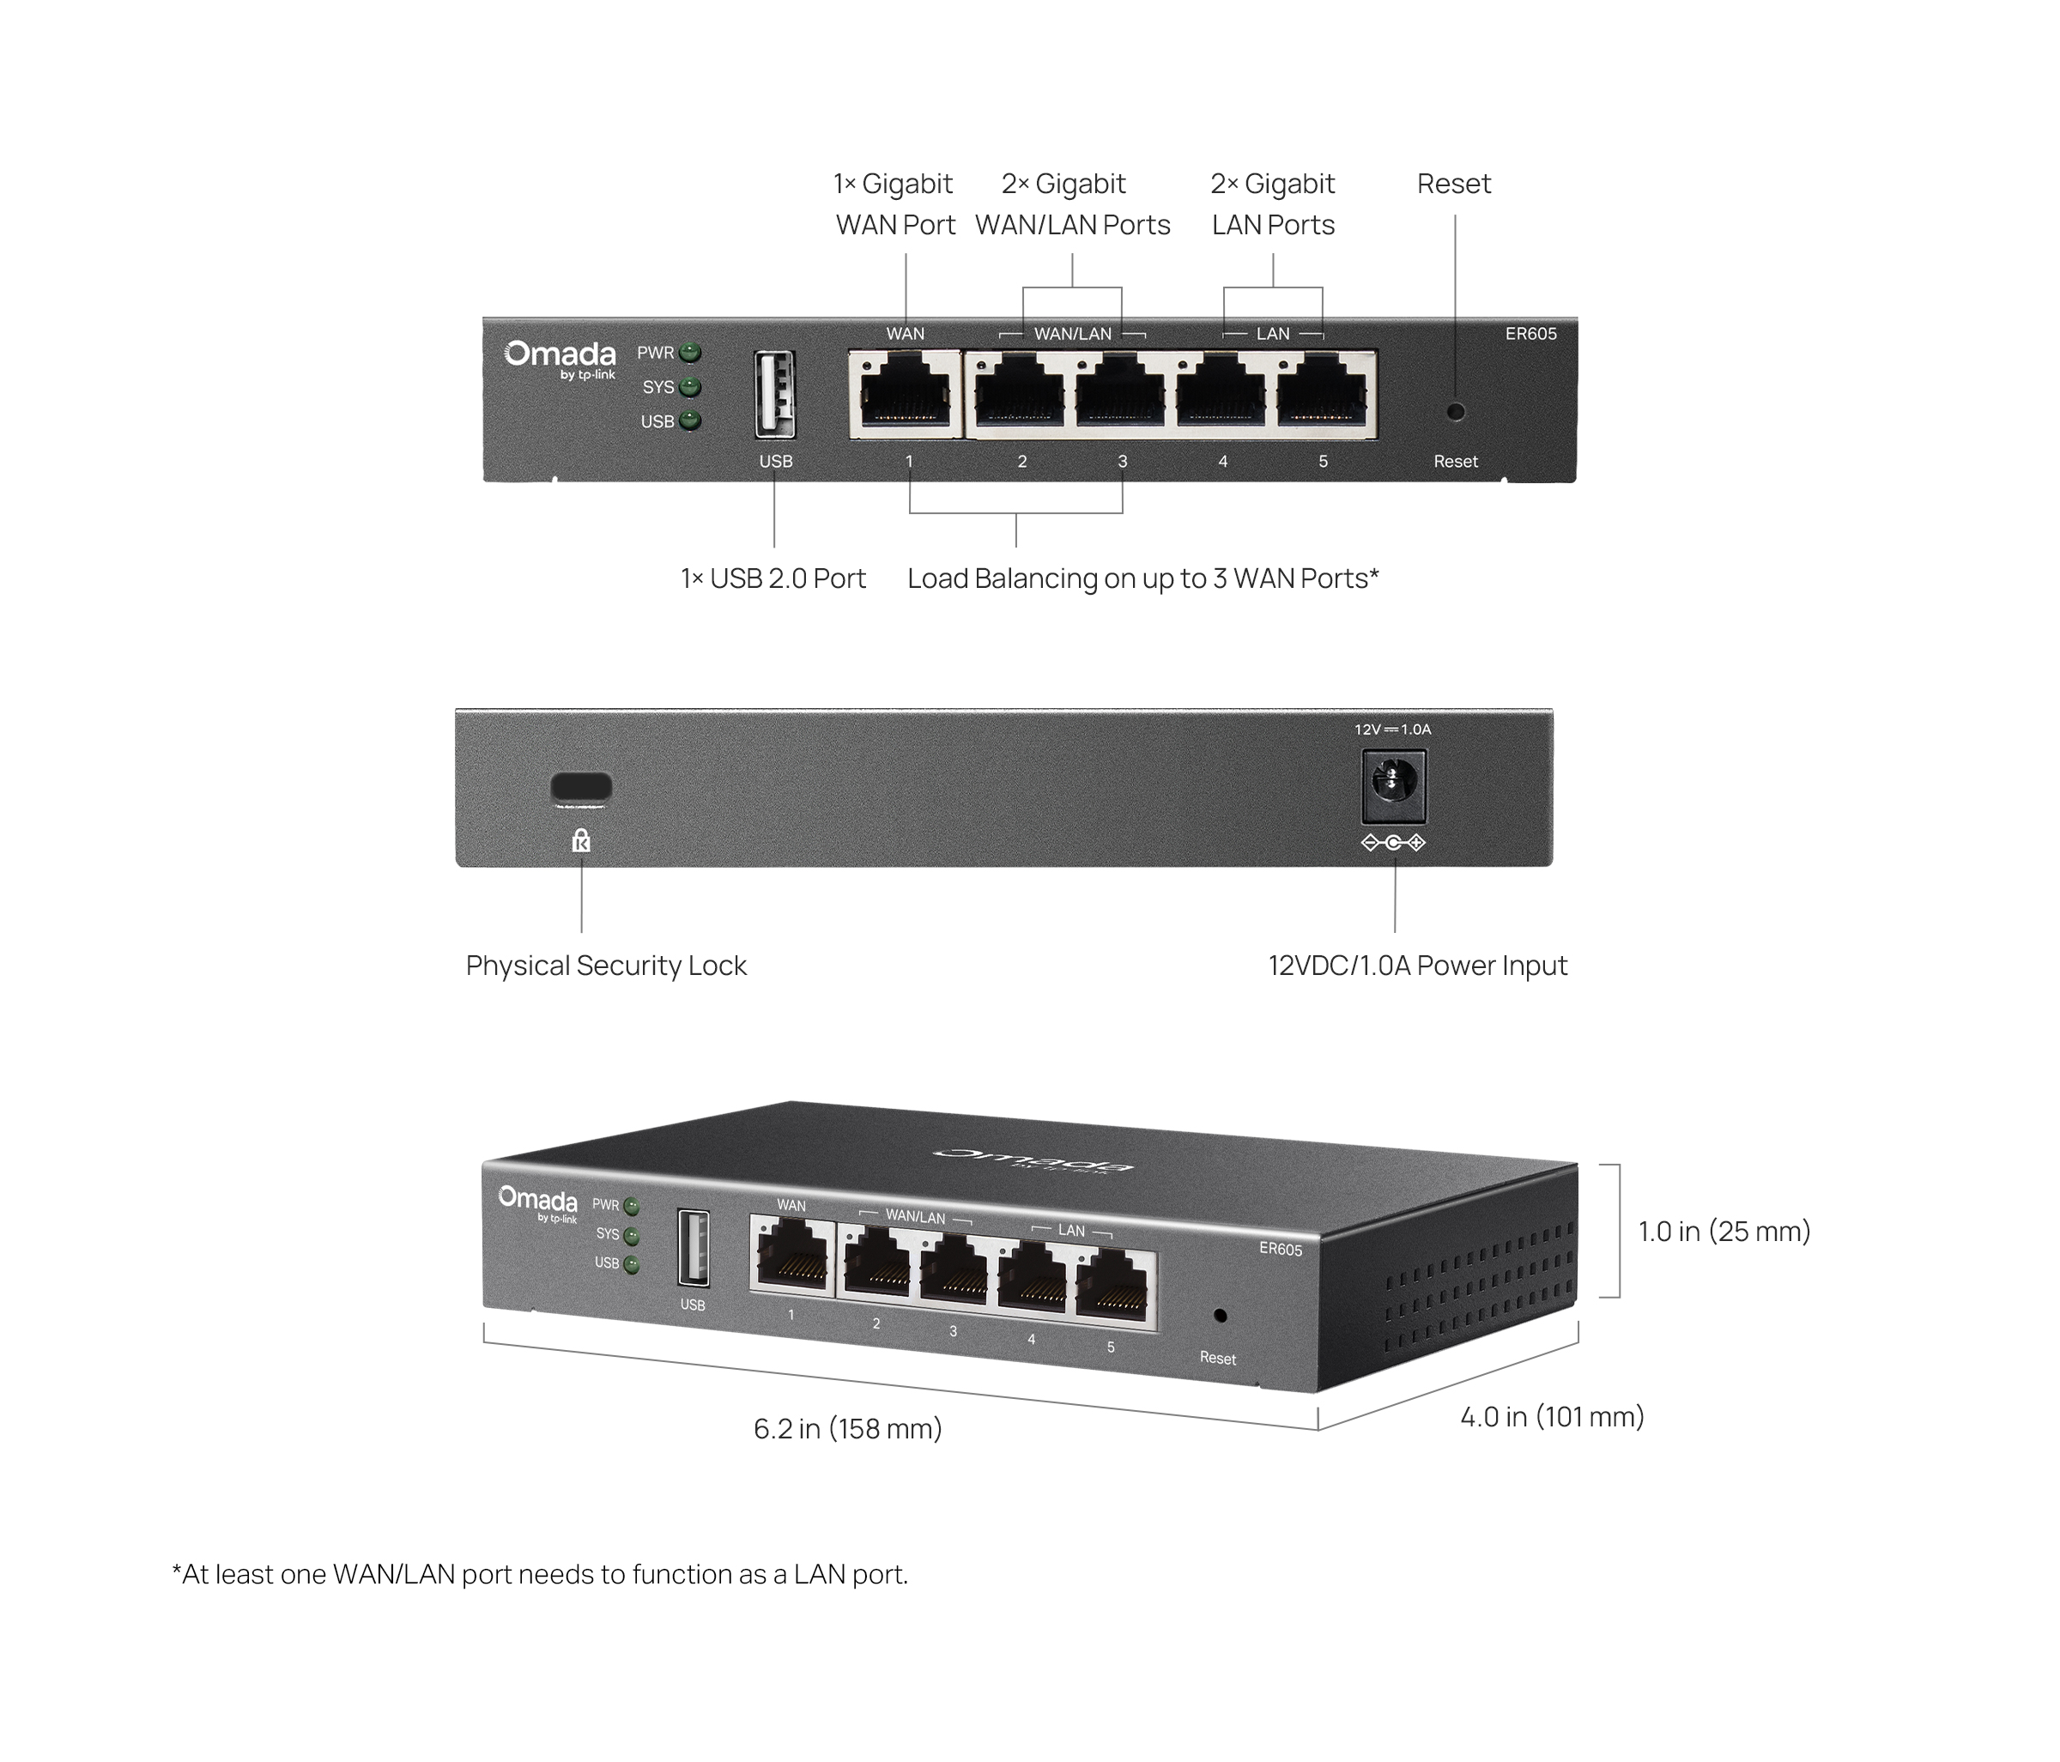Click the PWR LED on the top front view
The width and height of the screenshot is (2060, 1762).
point(690,353)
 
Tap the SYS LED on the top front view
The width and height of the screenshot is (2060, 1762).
point(690,387)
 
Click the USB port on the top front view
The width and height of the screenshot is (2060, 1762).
point(774,395)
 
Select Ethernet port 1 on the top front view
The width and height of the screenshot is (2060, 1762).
point(906,395)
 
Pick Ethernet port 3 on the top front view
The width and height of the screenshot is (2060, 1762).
point(1120,395)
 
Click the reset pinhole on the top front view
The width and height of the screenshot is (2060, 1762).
point(1456,410)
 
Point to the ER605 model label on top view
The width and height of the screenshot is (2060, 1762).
point(1530,334)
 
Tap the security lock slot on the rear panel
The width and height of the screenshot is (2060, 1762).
point(582,788)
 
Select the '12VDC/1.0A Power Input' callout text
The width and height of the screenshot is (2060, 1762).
point(1418,966)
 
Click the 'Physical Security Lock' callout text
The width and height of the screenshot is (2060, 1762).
point(607,966)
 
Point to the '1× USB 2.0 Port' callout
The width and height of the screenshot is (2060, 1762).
point(773,578)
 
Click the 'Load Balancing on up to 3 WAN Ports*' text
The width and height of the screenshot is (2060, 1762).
point(1143,578)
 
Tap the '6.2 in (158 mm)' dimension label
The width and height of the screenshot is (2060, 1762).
point(848,1429)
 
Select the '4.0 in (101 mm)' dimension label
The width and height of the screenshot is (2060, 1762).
point(1552,1417)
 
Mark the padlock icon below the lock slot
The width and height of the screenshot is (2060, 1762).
point(582,841)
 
